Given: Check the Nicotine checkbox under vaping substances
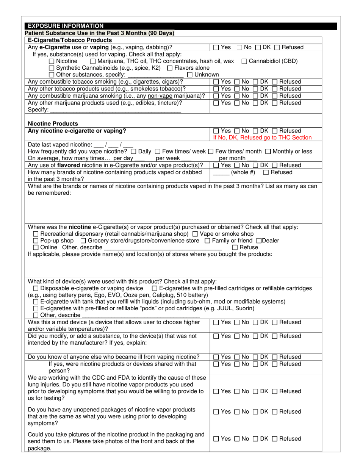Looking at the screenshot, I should point(52,61).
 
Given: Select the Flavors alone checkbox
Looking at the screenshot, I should point(170,68).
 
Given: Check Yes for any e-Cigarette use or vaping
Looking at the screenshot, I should point(216,48).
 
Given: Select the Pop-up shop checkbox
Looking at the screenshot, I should point(36,241).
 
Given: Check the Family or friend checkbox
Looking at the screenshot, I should point(207,241).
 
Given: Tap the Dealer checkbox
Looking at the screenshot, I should point(259,241).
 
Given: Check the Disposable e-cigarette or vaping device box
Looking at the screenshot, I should point(36,289).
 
